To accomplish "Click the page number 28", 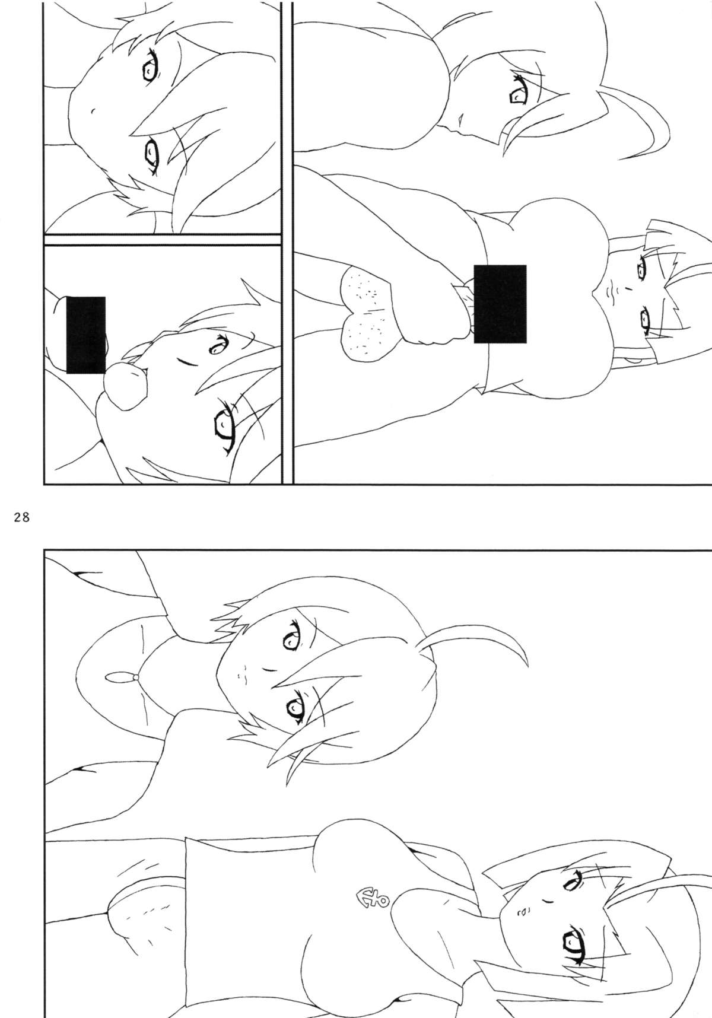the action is click(20, 517).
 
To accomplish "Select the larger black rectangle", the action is click(500, 304).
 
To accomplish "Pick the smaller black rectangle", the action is click(85, 335).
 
